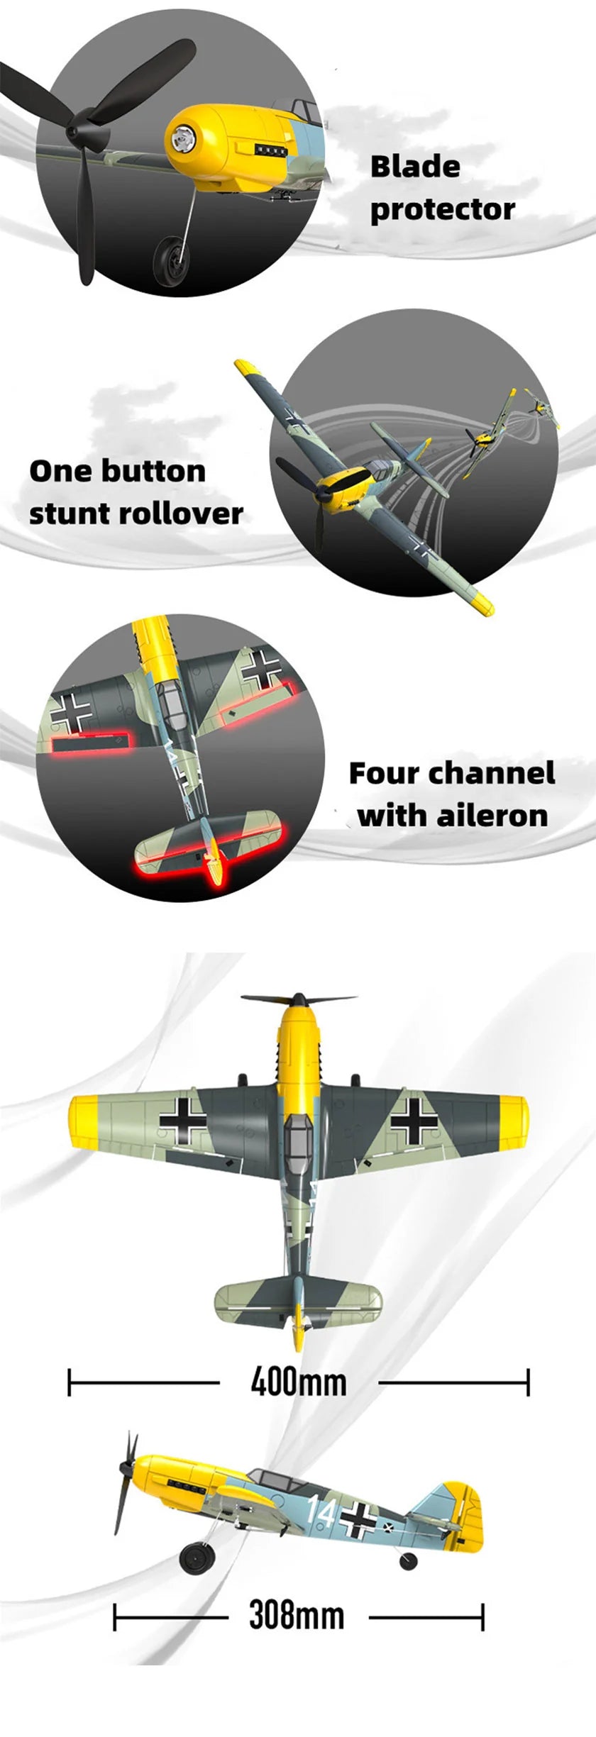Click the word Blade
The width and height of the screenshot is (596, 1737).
click(x=415, y=167)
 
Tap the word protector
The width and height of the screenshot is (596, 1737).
click(x=442, y=210)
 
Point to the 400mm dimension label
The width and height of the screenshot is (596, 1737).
click(x=299, y=1382)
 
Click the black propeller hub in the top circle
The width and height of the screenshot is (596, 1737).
click(x=72, y=133)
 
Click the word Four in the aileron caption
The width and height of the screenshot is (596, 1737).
click(x=383, y=773)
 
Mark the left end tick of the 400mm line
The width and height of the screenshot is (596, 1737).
click(x=70, y=1382)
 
